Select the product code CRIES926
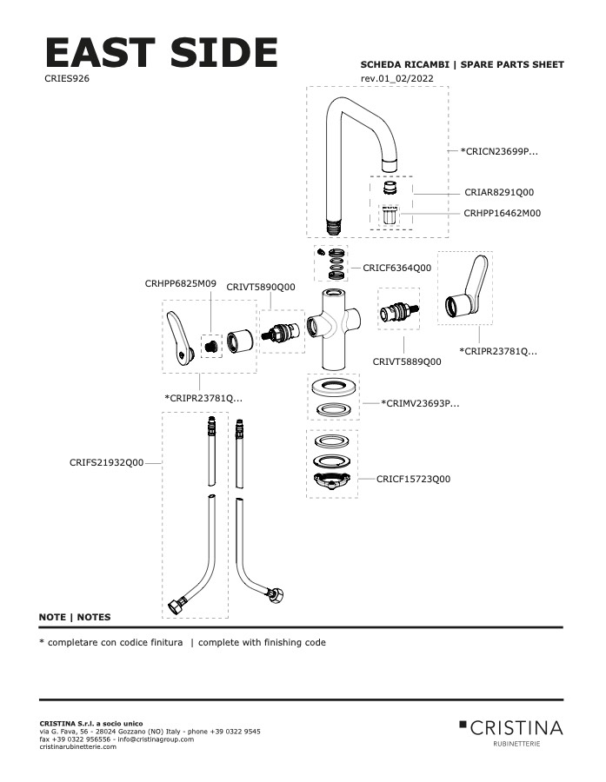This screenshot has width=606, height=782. [x=66, y=78]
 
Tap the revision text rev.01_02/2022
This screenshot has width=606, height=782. [x=396, y=79]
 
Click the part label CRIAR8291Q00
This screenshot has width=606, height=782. [x=498, y=192]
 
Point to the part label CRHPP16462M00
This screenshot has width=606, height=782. [x=502, y=213]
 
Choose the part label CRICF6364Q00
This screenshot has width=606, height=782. [x=396, y=268]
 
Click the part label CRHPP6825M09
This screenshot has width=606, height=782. [x=180, y=283]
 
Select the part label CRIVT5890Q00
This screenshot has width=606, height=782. [x=261, y=287]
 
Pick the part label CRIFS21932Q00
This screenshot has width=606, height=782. [x=106, y=463]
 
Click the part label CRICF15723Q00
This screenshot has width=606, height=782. [x=413, y=479]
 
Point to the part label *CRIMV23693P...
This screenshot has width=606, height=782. [x=420, y=403]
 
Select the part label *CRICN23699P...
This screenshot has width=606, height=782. [x=499, y=151]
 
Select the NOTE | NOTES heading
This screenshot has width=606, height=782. [x=75, y=618]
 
